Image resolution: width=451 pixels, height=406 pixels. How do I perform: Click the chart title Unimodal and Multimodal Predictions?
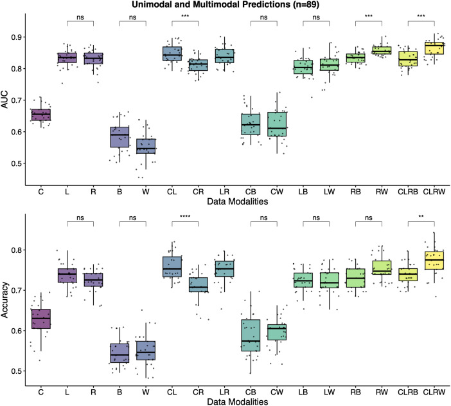tap(225, 5)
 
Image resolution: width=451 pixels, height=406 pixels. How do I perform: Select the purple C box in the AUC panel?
tap(41, 115)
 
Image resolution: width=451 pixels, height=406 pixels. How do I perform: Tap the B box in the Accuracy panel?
tap(119, 353)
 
